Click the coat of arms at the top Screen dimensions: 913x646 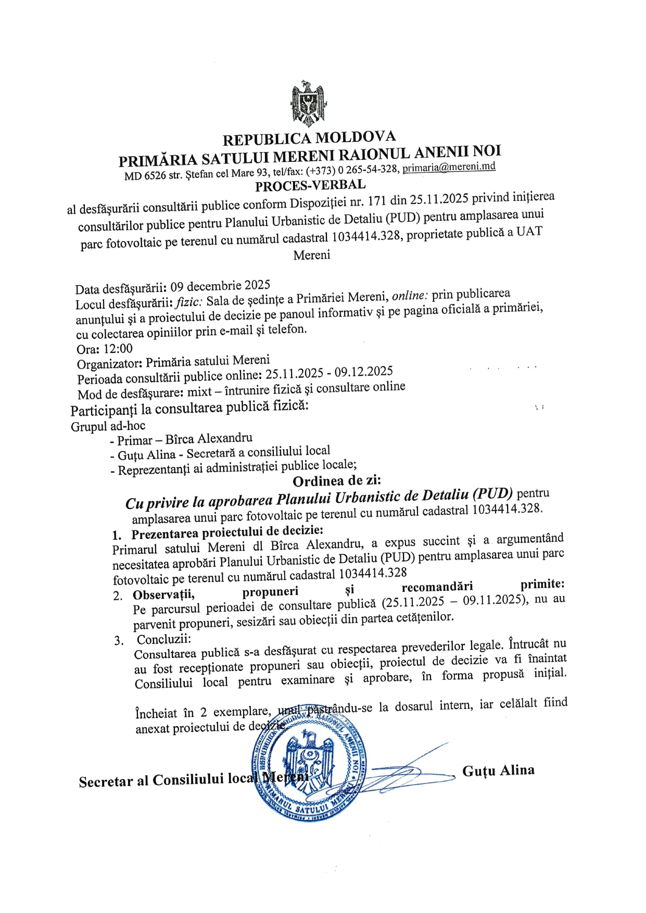(x=309, y=104)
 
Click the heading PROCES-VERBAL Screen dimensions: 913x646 (x=310, y=185)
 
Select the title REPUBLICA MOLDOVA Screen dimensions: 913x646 (x=309, y=138)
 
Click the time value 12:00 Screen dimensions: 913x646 (x=118, y=348)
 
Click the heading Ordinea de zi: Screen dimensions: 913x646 (x=337, y=480)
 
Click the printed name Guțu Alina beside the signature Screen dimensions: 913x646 (x=498, y=770)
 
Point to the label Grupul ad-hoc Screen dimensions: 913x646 (x=108, y=426)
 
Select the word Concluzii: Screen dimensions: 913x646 (x=164, y=639)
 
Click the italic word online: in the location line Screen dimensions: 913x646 (x=410, y=296)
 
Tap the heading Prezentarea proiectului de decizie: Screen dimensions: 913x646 (x=227, y=532)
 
